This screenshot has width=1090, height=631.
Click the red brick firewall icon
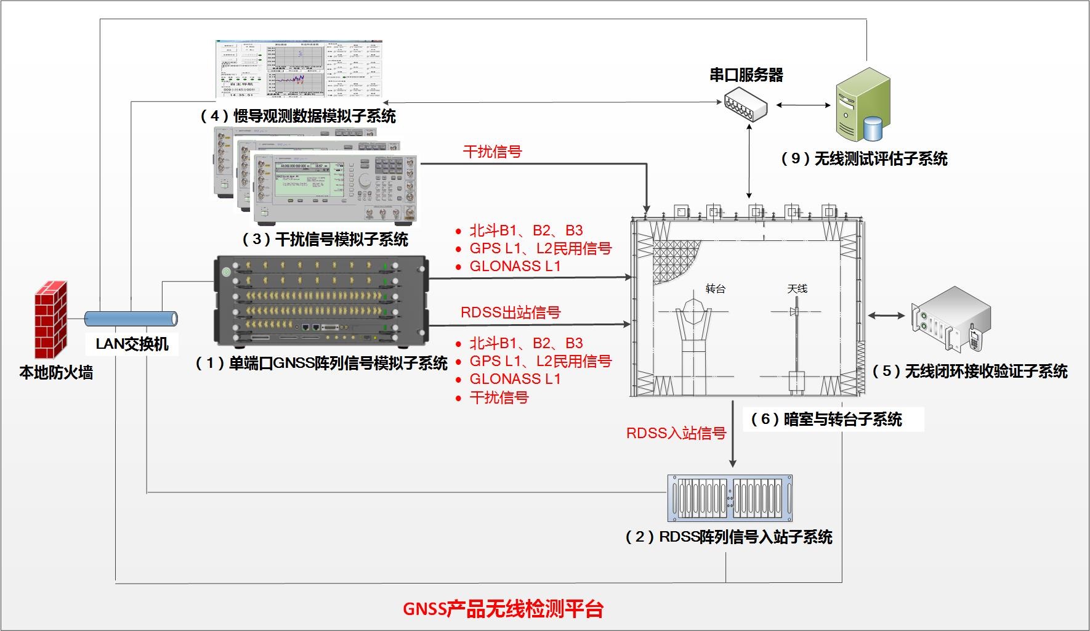(x=50, y=320)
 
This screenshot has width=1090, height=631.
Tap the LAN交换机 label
(x=132, y=344)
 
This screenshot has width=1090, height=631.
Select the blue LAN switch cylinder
(x=131, y=319)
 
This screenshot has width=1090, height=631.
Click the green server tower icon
(x=862, y=105)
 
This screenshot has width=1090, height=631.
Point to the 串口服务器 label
(x=746, y=75)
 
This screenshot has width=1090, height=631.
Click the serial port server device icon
(x=746, y=105)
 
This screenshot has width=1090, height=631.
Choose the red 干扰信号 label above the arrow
(x=492, y=152)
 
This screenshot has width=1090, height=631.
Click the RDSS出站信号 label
(x=511, y=312)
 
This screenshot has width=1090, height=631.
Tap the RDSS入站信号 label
(x=676, y=433)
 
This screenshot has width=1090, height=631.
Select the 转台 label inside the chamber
(x=715, y=288)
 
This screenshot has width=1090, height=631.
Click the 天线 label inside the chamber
(x=797, y=288)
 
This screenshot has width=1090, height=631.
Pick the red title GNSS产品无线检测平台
(x=503, y=609)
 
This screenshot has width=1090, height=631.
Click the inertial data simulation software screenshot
(x=299, y=69)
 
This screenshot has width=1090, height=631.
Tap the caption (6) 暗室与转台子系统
(x=826, y=420)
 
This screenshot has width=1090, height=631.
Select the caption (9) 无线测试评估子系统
(x=863, y=159)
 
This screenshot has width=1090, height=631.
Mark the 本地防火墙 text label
(x=56, y=373)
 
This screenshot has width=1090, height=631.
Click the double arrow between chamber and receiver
(x=886, y=315)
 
